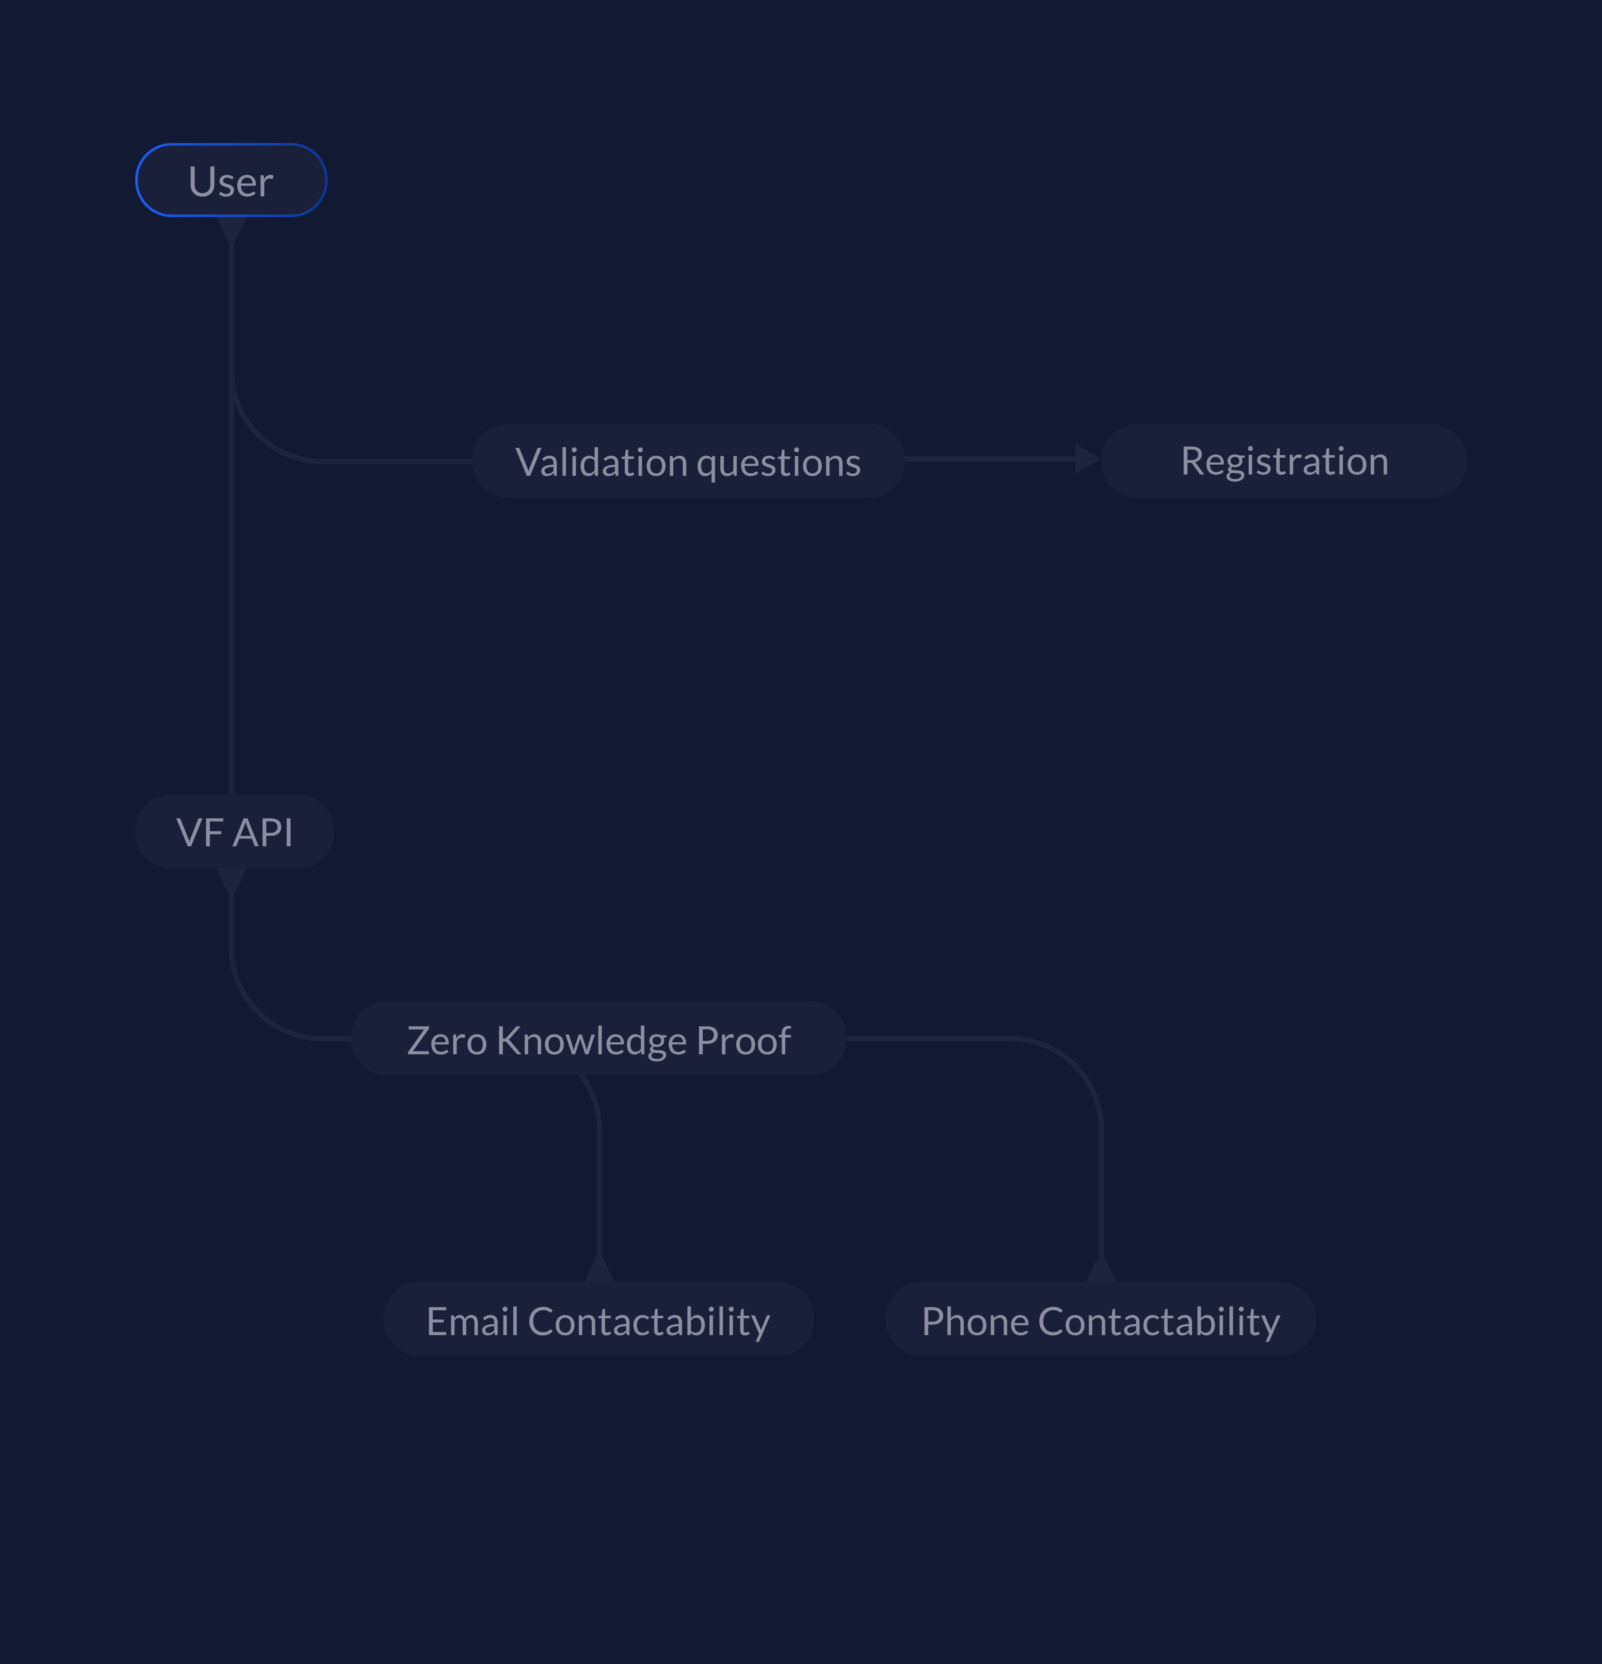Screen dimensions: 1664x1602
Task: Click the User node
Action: [231, 181]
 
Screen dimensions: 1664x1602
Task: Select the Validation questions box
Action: [688, 461]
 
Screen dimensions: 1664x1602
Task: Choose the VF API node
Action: [234, 832]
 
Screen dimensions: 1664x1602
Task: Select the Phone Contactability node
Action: [1100, 1320]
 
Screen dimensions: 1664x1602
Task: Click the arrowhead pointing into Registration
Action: [1087, 459]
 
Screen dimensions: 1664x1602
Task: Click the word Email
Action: [472, 1322]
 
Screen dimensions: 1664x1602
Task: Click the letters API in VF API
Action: [264, 833]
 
